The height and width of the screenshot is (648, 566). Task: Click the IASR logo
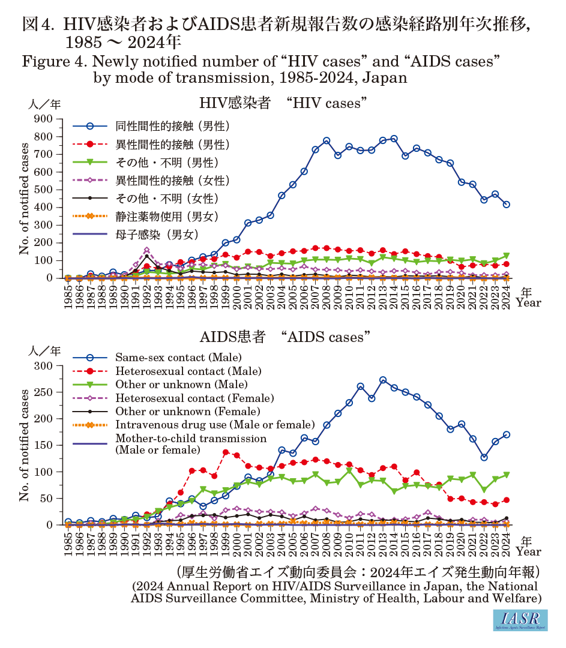tap(520, 620)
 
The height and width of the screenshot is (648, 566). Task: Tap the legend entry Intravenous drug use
tap(214, 425)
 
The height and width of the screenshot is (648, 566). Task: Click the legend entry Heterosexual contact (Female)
tap(194, 398)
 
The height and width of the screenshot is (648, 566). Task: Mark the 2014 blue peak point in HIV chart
tap(394, 139)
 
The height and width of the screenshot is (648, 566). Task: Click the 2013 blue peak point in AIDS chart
tap(383, 380)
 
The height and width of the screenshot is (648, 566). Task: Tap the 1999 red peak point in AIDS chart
tap(226, 452)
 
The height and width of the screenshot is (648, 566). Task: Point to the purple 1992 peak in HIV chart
tap(146, 250)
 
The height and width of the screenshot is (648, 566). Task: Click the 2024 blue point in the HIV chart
tap(507, 205)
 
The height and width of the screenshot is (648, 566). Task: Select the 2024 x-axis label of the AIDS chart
tap(507, 543)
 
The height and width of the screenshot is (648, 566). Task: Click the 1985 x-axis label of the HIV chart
tap(68, 296)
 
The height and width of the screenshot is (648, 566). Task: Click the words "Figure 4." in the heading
tap(51, 61)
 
